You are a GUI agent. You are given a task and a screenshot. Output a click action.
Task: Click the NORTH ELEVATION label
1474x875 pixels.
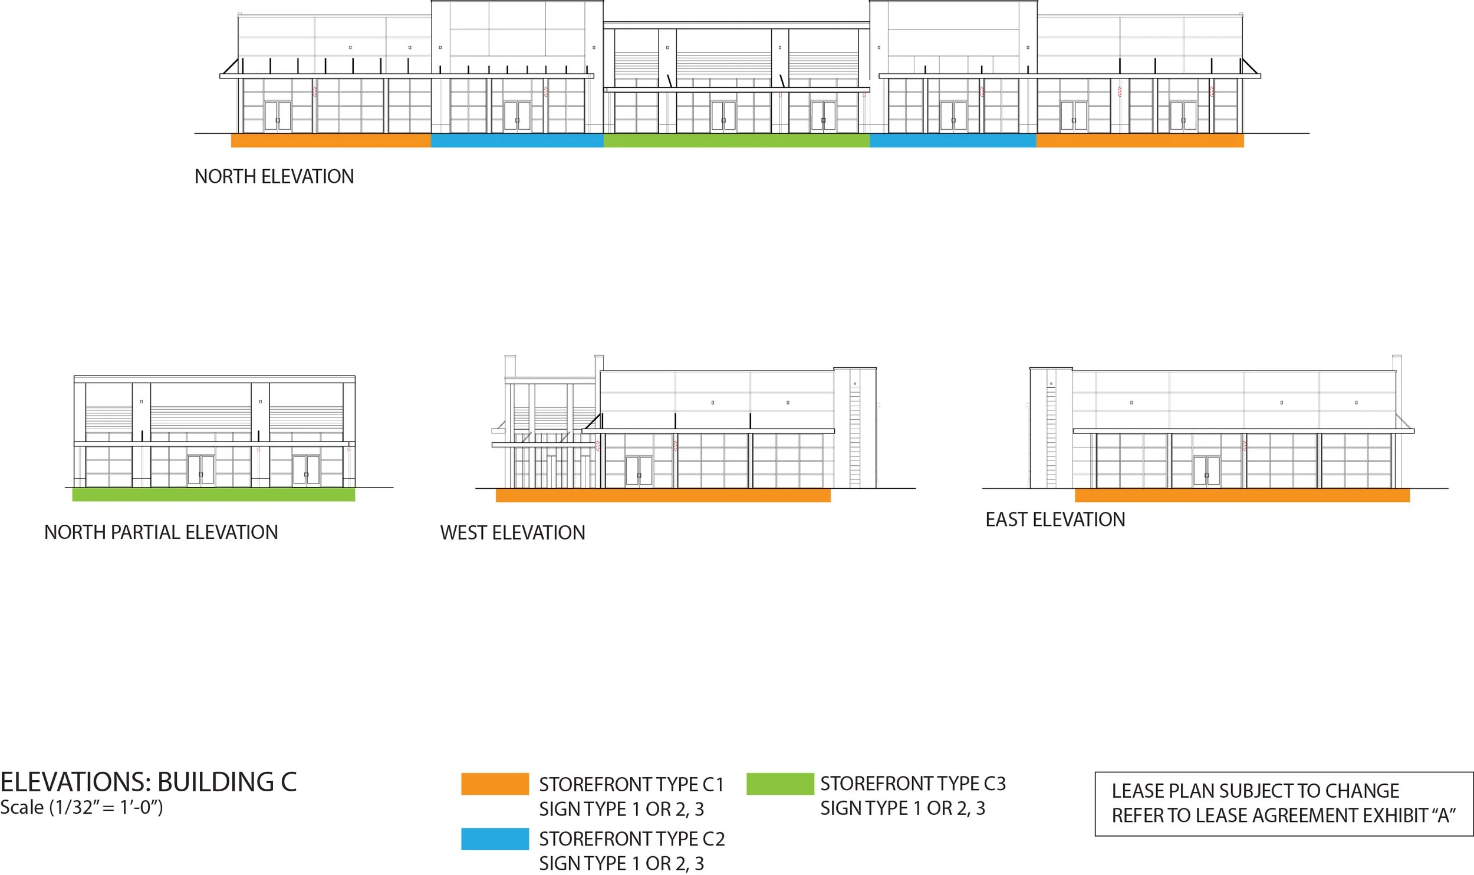click(x=274, y=176)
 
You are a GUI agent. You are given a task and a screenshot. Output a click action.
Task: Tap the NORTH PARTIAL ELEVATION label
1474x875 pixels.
click(x=161, y=532)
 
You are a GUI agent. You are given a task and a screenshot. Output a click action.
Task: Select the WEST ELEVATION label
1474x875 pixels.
click(x=512, y=533)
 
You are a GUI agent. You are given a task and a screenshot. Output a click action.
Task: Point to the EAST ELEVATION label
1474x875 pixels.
click(x=1055, y=519)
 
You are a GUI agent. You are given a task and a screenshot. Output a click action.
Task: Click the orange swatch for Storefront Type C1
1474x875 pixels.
click(x=495, y=784)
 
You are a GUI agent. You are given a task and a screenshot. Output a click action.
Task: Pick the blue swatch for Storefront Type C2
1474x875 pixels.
click(x=495, y=838)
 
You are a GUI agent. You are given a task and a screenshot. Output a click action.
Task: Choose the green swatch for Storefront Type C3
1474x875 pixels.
click(x=779, y=784)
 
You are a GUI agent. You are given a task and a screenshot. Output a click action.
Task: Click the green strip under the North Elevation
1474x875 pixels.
click(x=736, y=141)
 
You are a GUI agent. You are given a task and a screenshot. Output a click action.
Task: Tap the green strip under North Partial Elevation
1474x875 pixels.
click(x=213, y=495)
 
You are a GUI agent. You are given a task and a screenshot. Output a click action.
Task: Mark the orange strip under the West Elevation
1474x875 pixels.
click(x=663, y=495)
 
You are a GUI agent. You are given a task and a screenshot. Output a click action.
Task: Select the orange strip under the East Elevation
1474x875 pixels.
click(x=1242, y=495)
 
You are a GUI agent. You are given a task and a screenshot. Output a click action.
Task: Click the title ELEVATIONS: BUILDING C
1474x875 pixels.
click(x=148, y=782)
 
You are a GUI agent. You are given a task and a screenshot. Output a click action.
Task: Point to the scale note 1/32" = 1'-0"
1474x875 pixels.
click(x=81, y=807)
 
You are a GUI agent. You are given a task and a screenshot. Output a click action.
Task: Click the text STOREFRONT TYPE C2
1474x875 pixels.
click(x=631, y=838)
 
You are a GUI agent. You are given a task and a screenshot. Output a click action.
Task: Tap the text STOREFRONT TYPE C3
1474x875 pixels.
click(x=913, y=784)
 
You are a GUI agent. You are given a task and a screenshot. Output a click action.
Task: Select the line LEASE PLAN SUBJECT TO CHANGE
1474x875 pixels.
click(x=1255, y=791)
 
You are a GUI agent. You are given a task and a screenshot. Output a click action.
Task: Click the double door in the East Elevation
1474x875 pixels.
click(x=1206, y=471)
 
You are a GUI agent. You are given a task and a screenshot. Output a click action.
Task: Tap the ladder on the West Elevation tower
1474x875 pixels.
click(x=854, y=436)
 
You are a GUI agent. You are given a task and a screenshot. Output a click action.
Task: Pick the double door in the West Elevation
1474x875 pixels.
click(x=639, y=471)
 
